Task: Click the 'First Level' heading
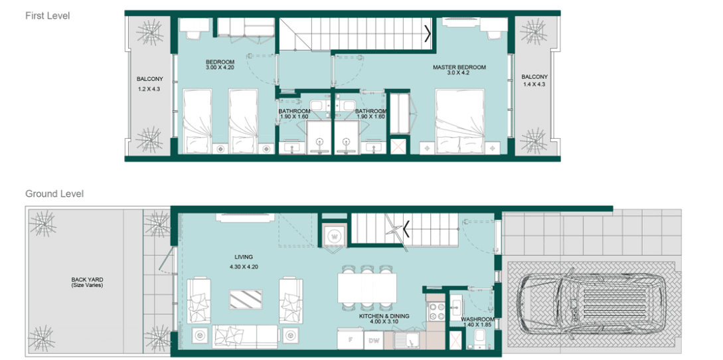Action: [x=47, y=15]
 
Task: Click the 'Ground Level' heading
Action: [x=54, y=194]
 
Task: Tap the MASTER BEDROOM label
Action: [x=459, y=67]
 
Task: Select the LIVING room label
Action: [x=244, y=256]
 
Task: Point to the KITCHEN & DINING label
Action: [x=384, y=316]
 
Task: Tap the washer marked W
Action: [x=334, y=235]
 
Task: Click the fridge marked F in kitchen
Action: [x=349, y=340]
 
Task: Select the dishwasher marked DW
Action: [x=374, y=340]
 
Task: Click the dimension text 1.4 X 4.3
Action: [x=534, y=85]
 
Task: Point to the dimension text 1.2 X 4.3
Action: [x=149, y=88]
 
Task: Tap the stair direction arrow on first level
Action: [x=428, y=32]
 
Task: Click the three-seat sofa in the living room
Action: [x=245, y=336]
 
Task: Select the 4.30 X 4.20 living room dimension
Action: [x=244, y=266]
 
